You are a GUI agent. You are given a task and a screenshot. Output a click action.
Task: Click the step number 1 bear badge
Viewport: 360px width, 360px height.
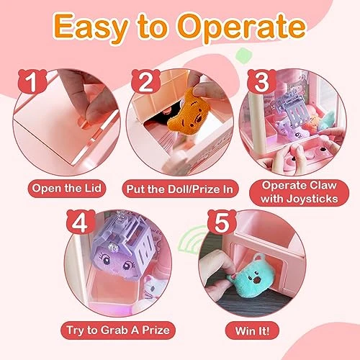click(x=32, y=81)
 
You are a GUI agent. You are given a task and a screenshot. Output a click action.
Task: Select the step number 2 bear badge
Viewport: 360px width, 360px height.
click(x=145, y=81)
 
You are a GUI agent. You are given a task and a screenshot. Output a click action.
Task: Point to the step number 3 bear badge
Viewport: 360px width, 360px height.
click(x=261, y=81)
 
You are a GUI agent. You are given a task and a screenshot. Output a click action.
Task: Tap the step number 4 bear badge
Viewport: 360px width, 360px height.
click(x=81, y=222)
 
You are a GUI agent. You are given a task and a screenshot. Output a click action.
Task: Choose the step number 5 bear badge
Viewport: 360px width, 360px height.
click(x=222, y=222)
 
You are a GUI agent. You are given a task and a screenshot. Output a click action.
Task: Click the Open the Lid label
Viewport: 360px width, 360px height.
click(x=67, y=189)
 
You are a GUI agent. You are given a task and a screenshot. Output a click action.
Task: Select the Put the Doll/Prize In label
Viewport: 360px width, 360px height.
click(x=180, y=189)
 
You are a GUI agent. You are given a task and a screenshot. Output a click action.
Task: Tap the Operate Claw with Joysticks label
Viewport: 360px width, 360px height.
click(x=300, y=192)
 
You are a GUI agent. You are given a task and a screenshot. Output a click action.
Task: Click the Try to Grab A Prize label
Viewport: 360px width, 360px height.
click(x=118, y=330)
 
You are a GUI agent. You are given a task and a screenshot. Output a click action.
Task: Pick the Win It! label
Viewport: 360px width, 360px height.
click(x=252, y=330)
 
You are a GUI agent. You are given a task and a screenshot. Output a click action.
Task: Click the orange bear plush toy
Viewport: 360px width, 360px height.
click(x=188, y=112)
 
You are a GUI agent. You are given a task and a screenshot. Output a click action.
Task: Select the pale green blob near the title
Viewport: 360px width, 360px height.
click(x=244, y=55)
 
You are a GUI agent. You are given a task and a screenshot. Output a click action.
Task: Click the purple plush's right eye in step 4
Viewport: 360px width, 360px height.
click(x=127, y=265)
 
